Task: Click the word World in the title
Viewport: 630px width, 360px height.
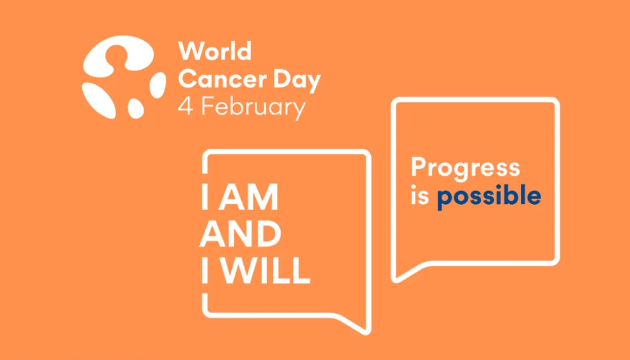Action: click(214, 51)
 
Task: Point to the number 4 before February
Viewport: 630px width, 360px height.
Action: click(186, 107)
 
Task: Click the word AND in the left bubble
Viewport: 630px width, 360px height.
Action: click(241, 234)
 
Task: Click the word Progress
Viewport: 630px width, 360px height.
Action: click(465, 168)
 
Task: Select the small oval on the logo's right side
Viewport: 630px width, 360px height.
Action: click(158, 85)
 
